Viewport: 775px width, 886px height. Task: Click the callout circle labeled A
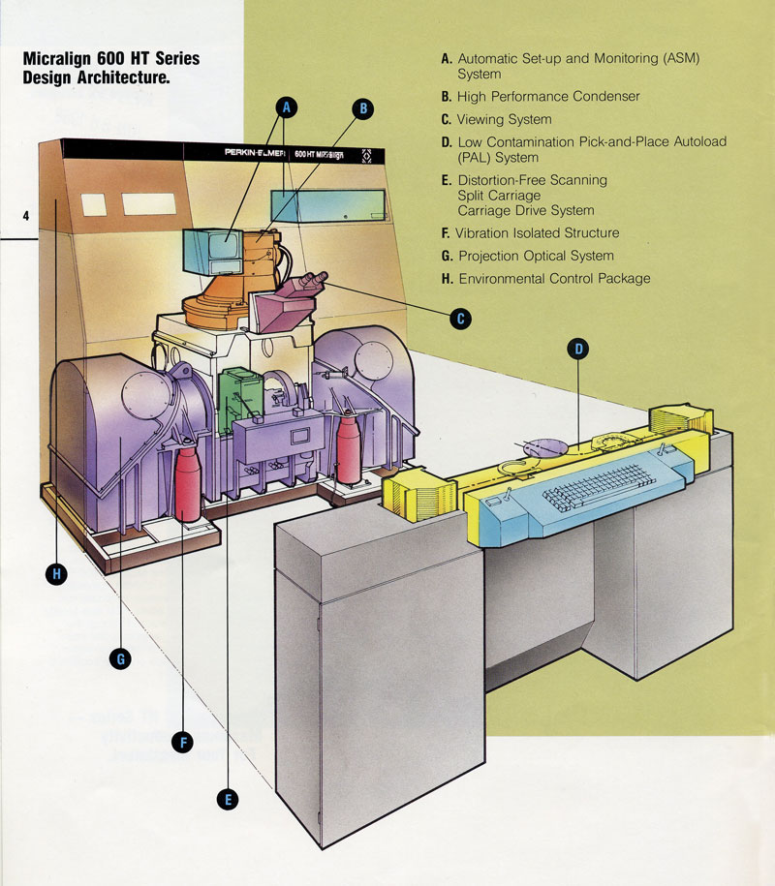(x=287, y=108)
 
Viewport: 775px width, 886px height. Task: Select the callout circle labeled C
(x=461, y=317)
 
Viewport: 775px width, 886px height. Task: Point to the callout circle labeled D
(x=578, y=351)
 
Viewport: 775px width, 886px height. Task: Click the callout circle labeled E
(x=229, y=799)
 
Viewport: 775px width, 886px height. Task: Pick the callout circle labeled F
(x=181, y=742)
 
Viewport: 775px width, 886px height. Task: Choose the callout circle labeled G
(x=121, y=659)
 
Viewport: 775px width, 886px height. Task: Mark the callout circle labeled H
(x=57, y=574)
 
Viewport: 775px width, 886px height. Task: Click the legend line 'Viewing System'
(x=504, y=119)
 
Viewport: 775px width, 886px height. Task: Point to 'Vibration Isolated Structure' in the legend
(x=537, y=233)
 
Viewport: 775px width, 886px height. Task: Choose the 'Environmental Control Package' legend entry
(x=554, y=279)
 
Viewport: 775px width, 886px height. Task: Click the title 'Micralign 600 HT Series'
(x=110, y=60)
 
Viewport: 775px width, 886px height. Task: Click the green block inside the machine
(x=238, y=392)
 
